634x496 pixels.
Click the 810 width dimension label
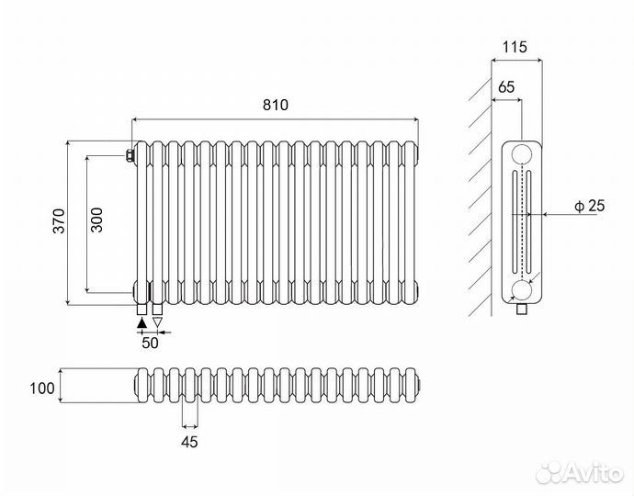pyautogui.click(x=276, y=106)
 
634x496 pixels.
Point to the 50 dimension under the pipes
pyautogui.click(x=149, y=343)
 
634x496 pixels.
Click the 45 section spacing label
pyautogui.click(x=190, y=441)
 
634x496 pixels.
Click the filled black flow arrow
pyautogui.click(x=141, y=322)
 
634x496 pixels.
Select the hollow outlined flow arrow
pyautogui.click(x=157, y=322)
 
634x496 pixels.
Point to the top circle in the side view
pyautogui.click(x=523, y=153)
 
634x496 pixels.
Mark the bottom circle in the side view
pyautogui.click(x=523, y=290)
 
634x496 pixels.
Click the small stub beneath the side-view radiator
pyautogui.click(x=523, y=308)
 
